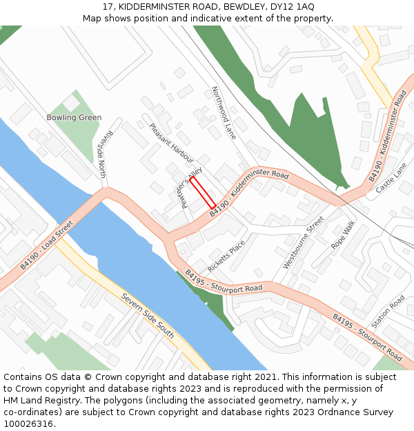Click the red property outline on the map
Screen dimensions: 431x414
click(203, 192)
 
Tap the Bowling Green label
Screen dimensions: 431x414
click(74, 118)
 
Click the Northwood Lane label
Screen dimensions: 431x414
click(224, 113)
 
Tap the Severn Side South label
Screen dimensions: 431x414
click(148, 317)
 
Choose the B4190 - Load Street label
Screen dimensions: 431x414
click(46, 245)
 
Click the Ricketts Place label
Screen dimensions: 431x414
click(226, 256)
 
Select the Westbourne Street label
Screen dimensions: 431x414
click(304, 243)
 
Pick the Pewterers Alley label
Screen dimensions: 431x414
click(188, 186)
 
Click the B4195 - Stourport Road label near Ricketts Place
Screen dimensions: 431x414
click(224, 280)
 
